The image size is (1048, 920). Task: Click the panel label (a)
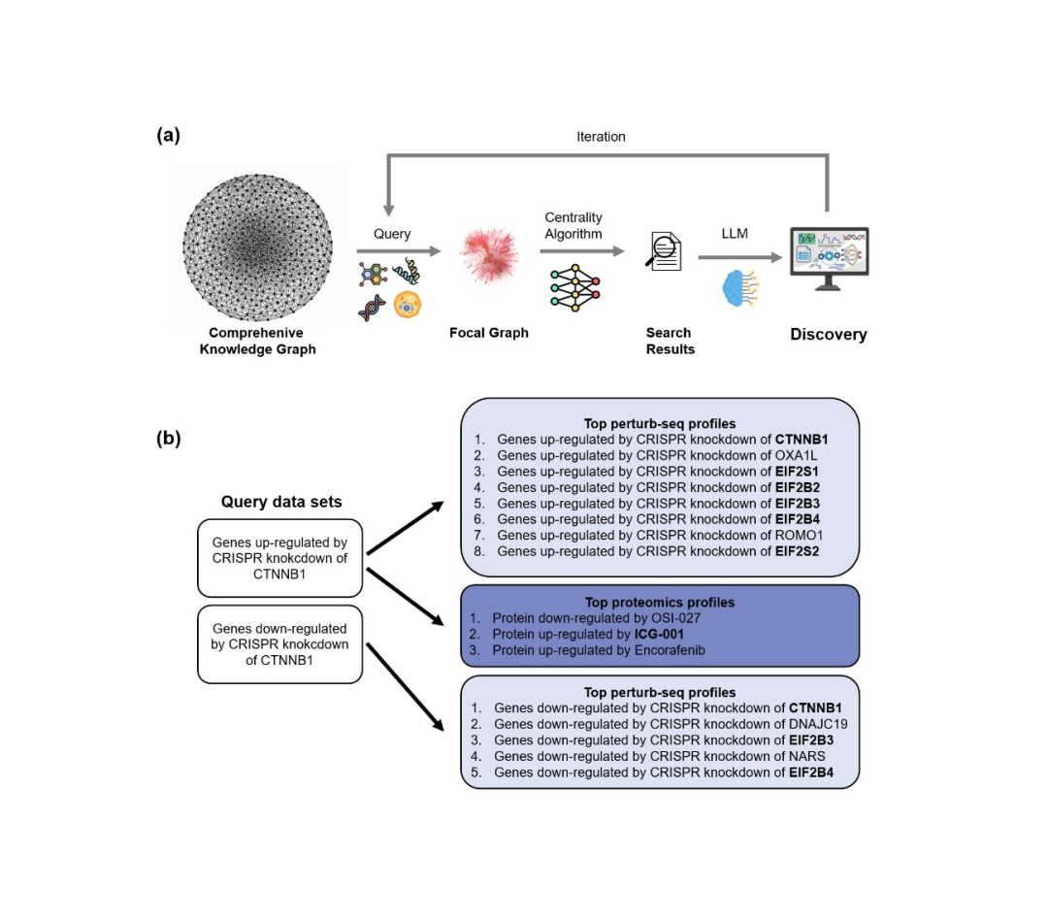[168, 136]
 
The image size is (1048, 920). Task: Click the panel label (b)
[168, 438]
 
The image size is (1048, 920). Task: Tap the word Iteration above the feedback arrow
[601, 137]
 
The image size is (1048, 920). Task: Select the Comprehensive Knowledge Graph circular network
[257, 244]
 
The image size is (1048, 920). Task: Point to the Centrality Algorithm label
[573, 225]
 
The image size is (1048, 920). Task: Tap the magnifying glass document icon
[665, 251]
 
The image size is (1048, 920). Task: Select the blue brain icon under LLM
[742, 288]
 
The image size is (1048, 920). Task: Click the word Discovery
[828, 335]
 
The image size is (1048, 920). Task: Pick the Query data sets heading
[281, 502]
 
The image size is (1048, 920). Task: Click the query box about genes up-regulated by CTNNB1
[279, 558]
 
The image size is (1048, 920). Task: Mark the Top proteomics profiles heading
[660, 602]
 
